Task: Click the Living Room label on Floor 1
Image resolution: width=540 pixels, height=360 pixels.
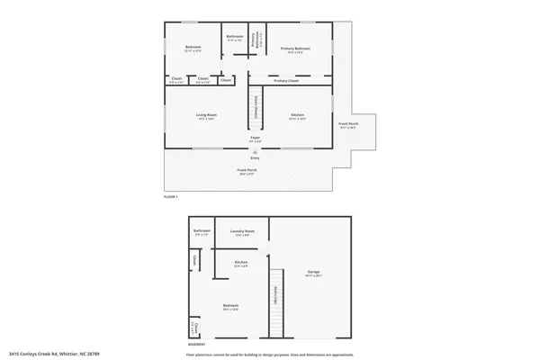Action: (x=206, y=116)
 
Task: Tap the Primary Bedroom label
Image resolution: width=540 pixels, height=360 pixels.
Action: (x=295, y=49)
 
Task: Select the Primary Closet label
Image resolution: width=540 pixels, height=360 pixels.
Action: (x=287, y=80)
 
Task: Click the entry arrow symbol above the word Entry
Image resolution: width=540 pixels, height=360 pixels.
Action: (x=255, y=152)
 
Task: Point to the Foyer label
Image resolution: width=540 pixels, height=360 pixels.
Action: (x=255, y=139)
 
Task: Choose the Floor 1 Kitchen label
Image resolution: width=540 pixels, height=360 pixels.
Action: (x=297, y=116)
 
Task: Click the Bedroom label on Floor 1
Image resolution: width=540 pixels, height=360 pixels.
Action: (x=193, y=49)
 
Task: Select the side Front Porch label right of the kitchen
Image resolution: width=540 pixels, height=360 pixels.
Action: (x=347, y=125)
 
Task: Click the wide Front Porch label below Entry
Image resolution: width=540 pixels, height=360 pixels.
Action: (x=247, y=172)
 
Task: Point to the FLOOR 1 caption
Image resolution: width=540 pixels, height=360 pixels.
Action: (x=171, y=196)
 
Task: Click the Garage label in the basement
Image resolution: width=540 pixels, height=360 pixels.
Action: (x=313, y=273)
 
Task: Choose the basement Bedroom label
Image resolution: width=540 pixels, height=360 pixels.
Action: (x=230, y=308)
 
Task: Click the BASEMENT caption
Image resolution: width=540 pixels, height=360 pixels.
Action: (x=196, y=345)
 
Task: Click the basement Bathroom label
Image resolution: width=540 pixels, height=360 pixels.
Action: (x=202, y=232)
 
